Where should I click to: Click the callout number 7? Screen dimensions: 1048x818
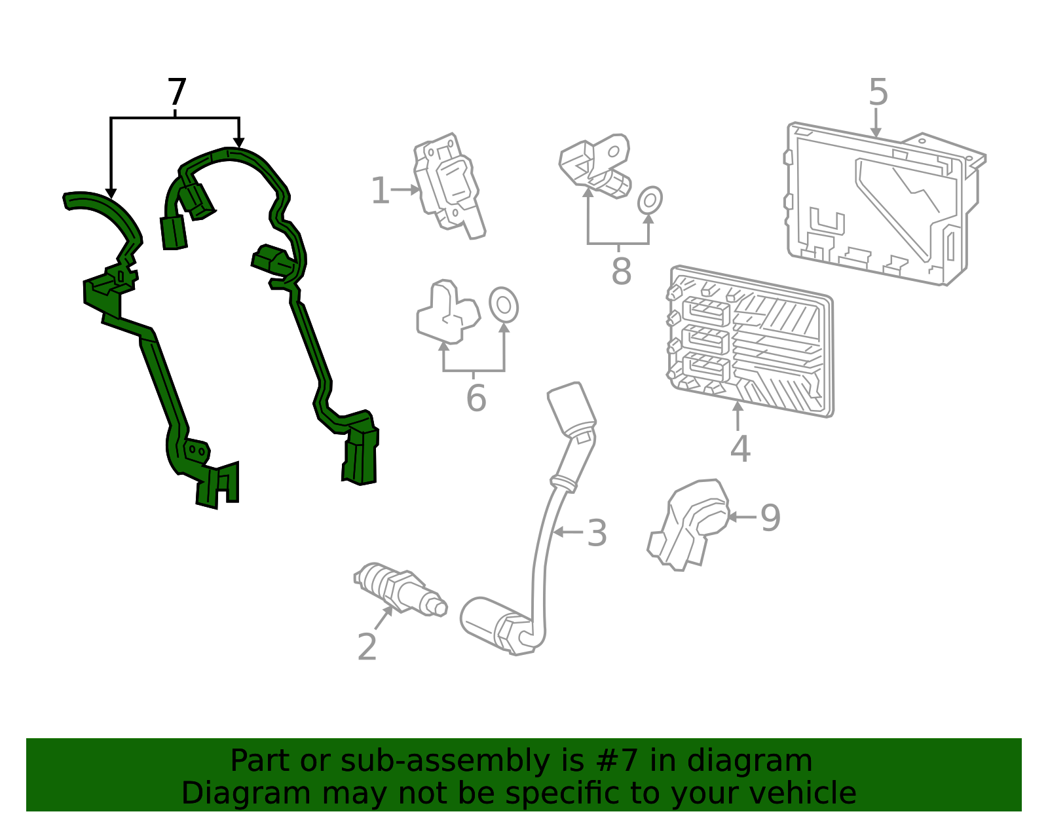pyautogui.click(x=177, y=92)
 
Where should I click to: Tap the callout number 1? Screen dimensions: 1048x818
pyautogui.click(x=380, y=191)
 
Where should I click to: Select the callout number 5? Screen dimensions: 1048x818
pyautogui.click(x=878, y=92)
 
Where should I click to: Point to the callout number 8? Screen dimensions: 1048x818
pyautogui.click(x=621, y=271)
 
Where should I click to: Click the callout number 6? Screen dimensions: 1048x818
pyautogui.click(x=476, y=398)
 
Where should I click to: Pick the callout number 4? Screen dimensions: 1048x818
pyautogui.click(x=740, y=449)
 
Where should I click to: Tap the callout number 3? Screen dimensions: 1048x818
pyautogui.click(x=597, y=533)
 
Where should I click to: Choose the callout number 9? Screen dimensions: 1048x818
pyautogui.click(x=770, y=517)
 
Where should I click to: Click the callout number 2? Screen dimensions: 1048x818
pyautogui.click(x=367, y=646)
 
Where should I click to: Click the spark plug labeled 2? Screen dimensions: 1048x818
pyautogui.click(x=400, y=589)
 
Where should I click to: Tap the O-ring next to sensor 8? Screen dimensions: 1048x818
pyautogui.click(x=650, y=200)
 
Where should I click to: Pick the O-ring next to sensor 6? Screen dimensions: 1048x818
pyautogui.click(x=504, y=305)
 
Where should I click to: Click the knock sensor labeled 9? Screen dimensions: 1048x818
pyautogui.click(x=688, y=525)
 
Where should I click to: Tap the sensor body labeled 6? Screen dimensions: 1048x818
pyautogui.click(x=448, y=311)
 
